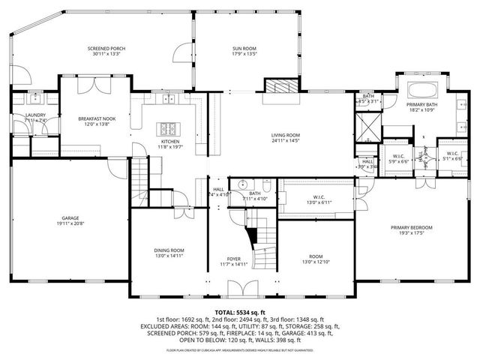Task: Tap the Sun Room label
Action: click(x=244, y=49)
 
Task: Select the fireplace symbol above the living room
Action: click(x=278, y=85)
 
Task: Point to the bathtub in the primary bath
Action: click(x=420, y=92)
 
